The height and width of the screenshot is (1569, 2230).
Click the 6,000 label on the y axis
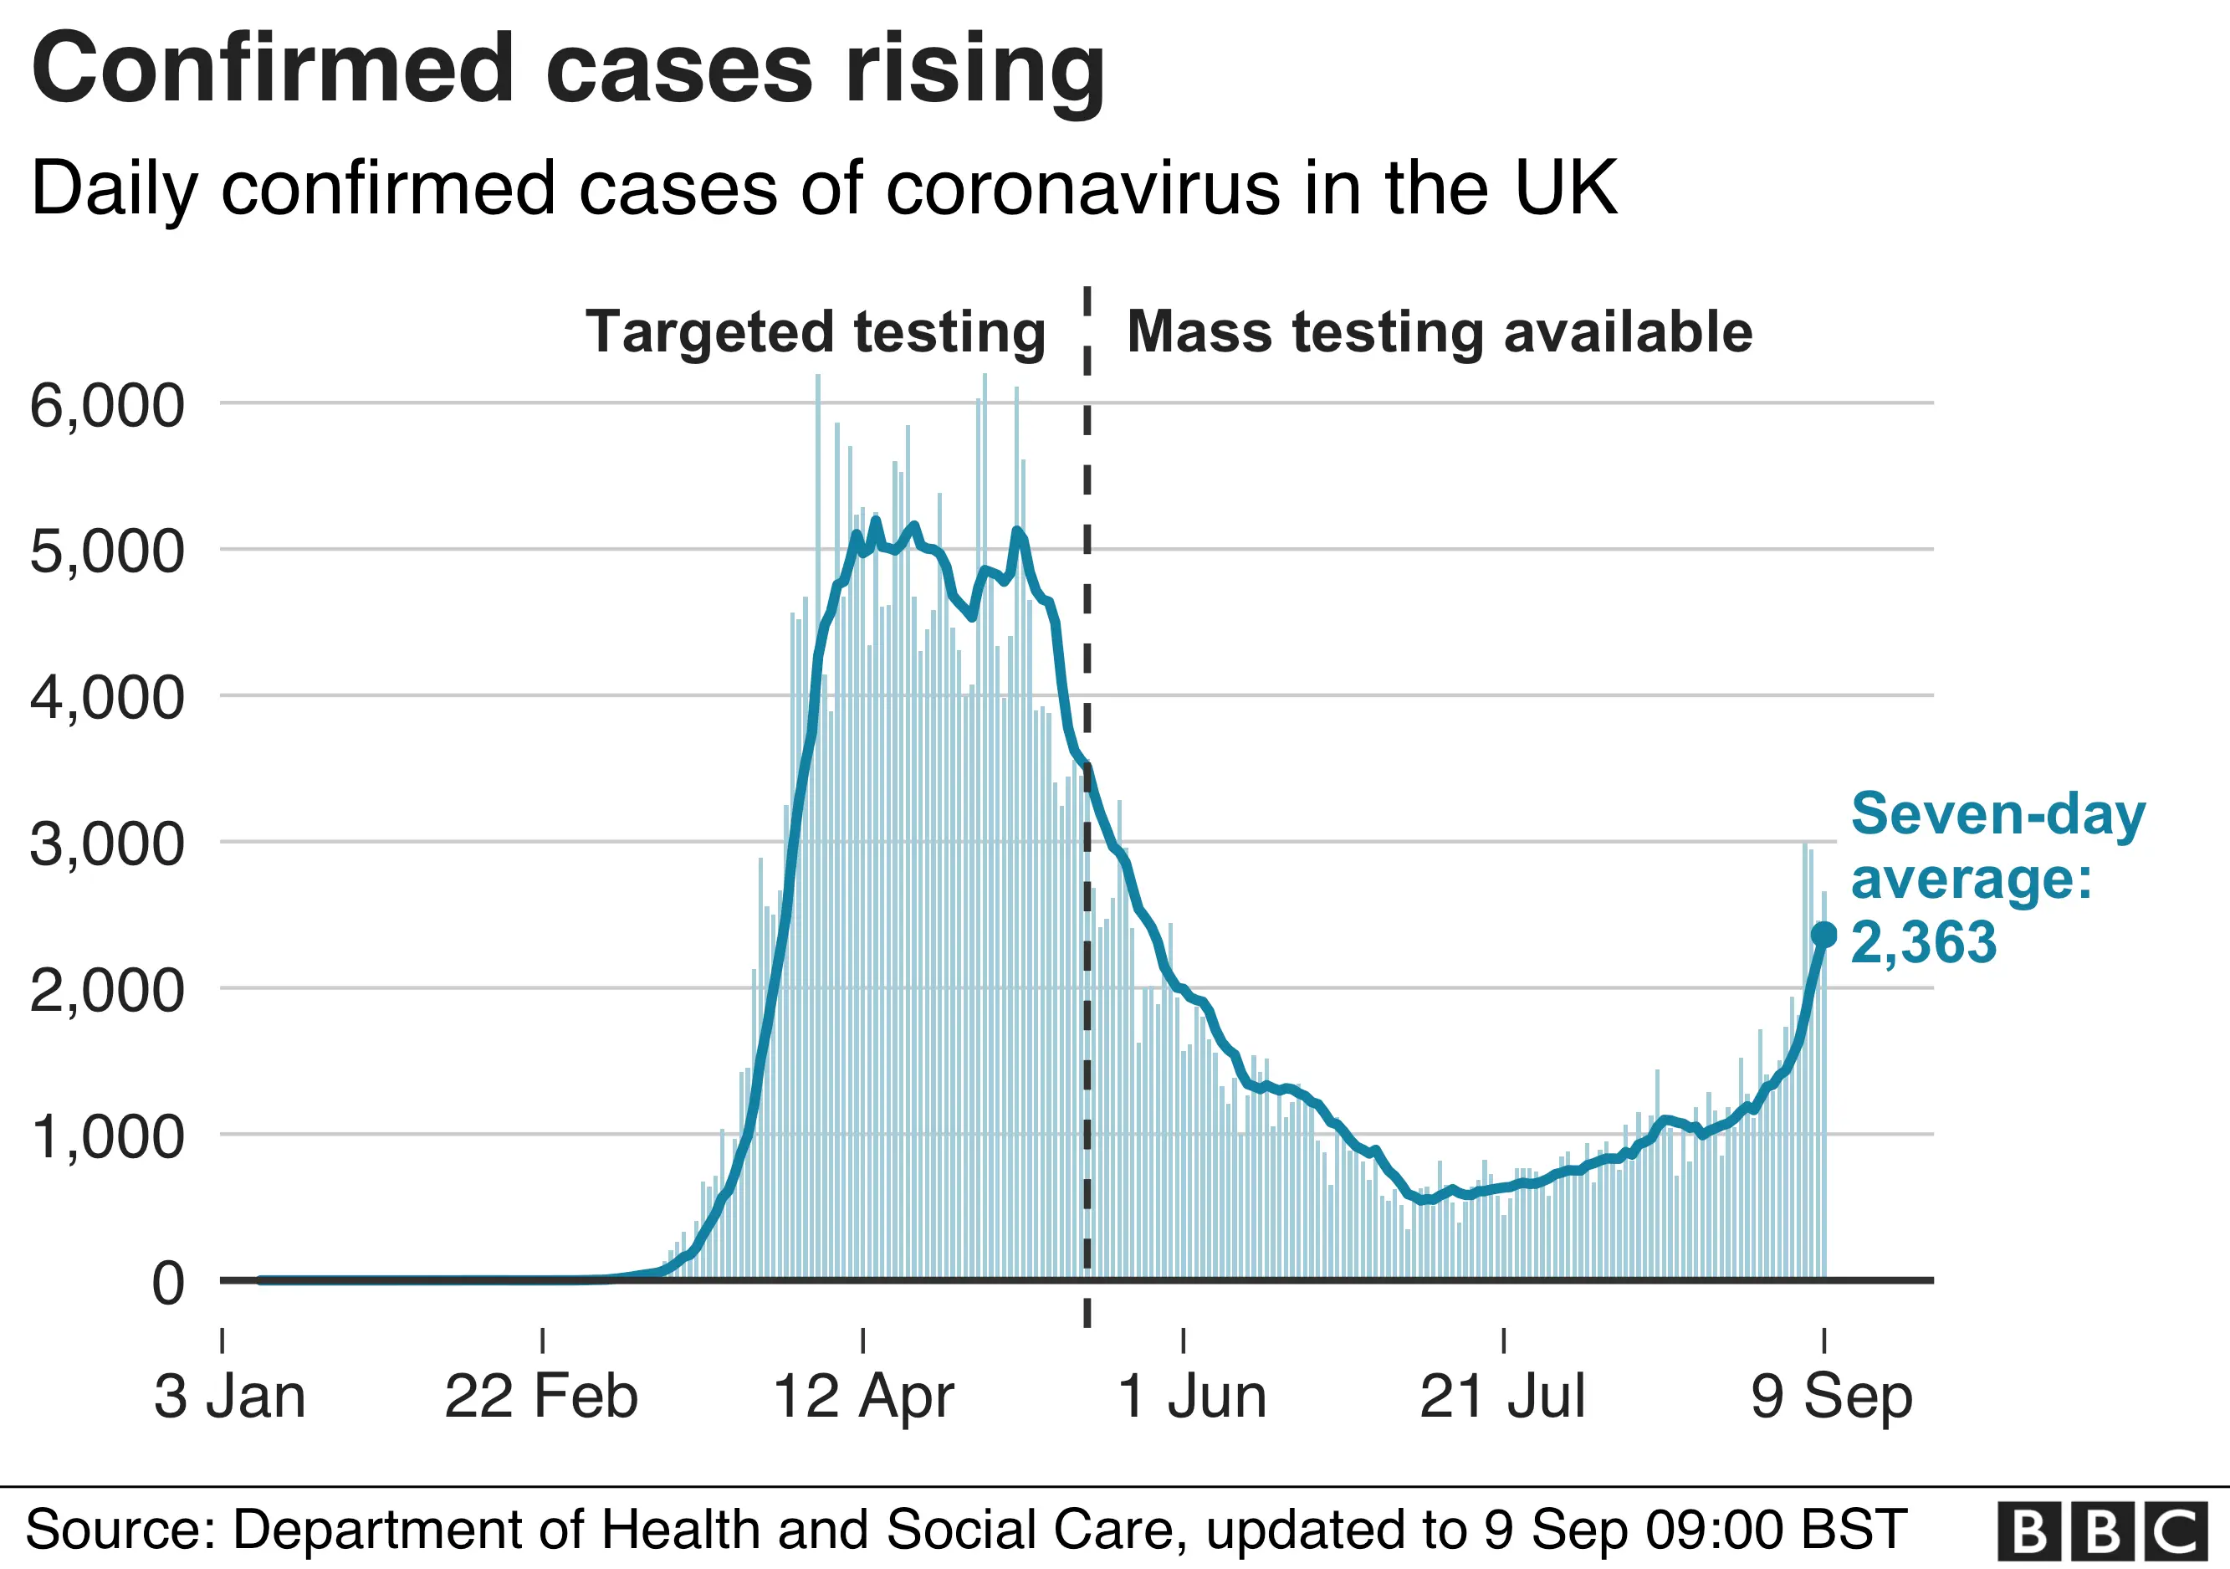point(107,406)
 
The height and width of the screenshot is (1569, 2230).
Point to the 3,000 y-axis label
point(107,844)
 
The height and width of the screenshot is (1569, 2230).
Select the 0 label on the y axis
point(167,1284)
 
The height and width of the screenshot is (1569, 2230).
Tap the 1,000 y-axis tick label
point(107,1136)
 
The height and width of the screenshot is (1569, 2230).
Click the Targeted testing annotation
point(815,332)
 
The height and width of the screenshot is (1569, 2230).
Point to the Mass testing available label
point(1440,332)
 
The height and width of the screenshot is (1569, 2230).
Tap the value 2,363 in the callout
point(1923,942)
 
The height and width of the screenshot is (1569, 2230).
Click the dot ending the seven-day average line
point(1824,936)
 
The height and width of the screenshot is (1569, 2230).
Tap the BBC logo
point(2102,1532)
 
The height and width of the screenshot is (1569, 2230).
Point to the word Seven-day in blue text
point(1997,814)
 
